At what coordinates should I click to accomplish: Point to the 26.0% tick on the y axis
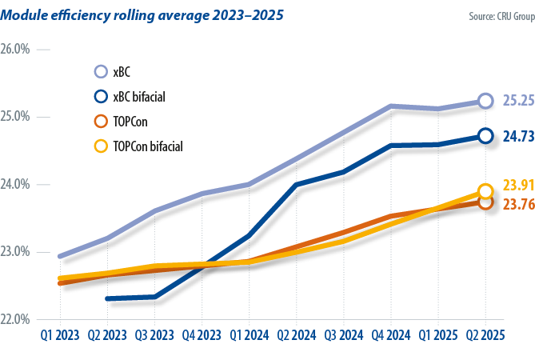(15, 50)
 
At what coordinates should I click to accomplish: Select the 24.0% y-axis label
(15, 185)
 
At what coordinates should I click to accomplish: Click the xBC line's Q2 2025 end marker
(485, 101)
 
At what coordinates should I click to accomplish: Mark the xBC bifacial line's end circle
(485, 136)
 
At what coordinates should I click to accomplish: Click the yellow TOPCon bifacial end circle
(485, 191)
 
